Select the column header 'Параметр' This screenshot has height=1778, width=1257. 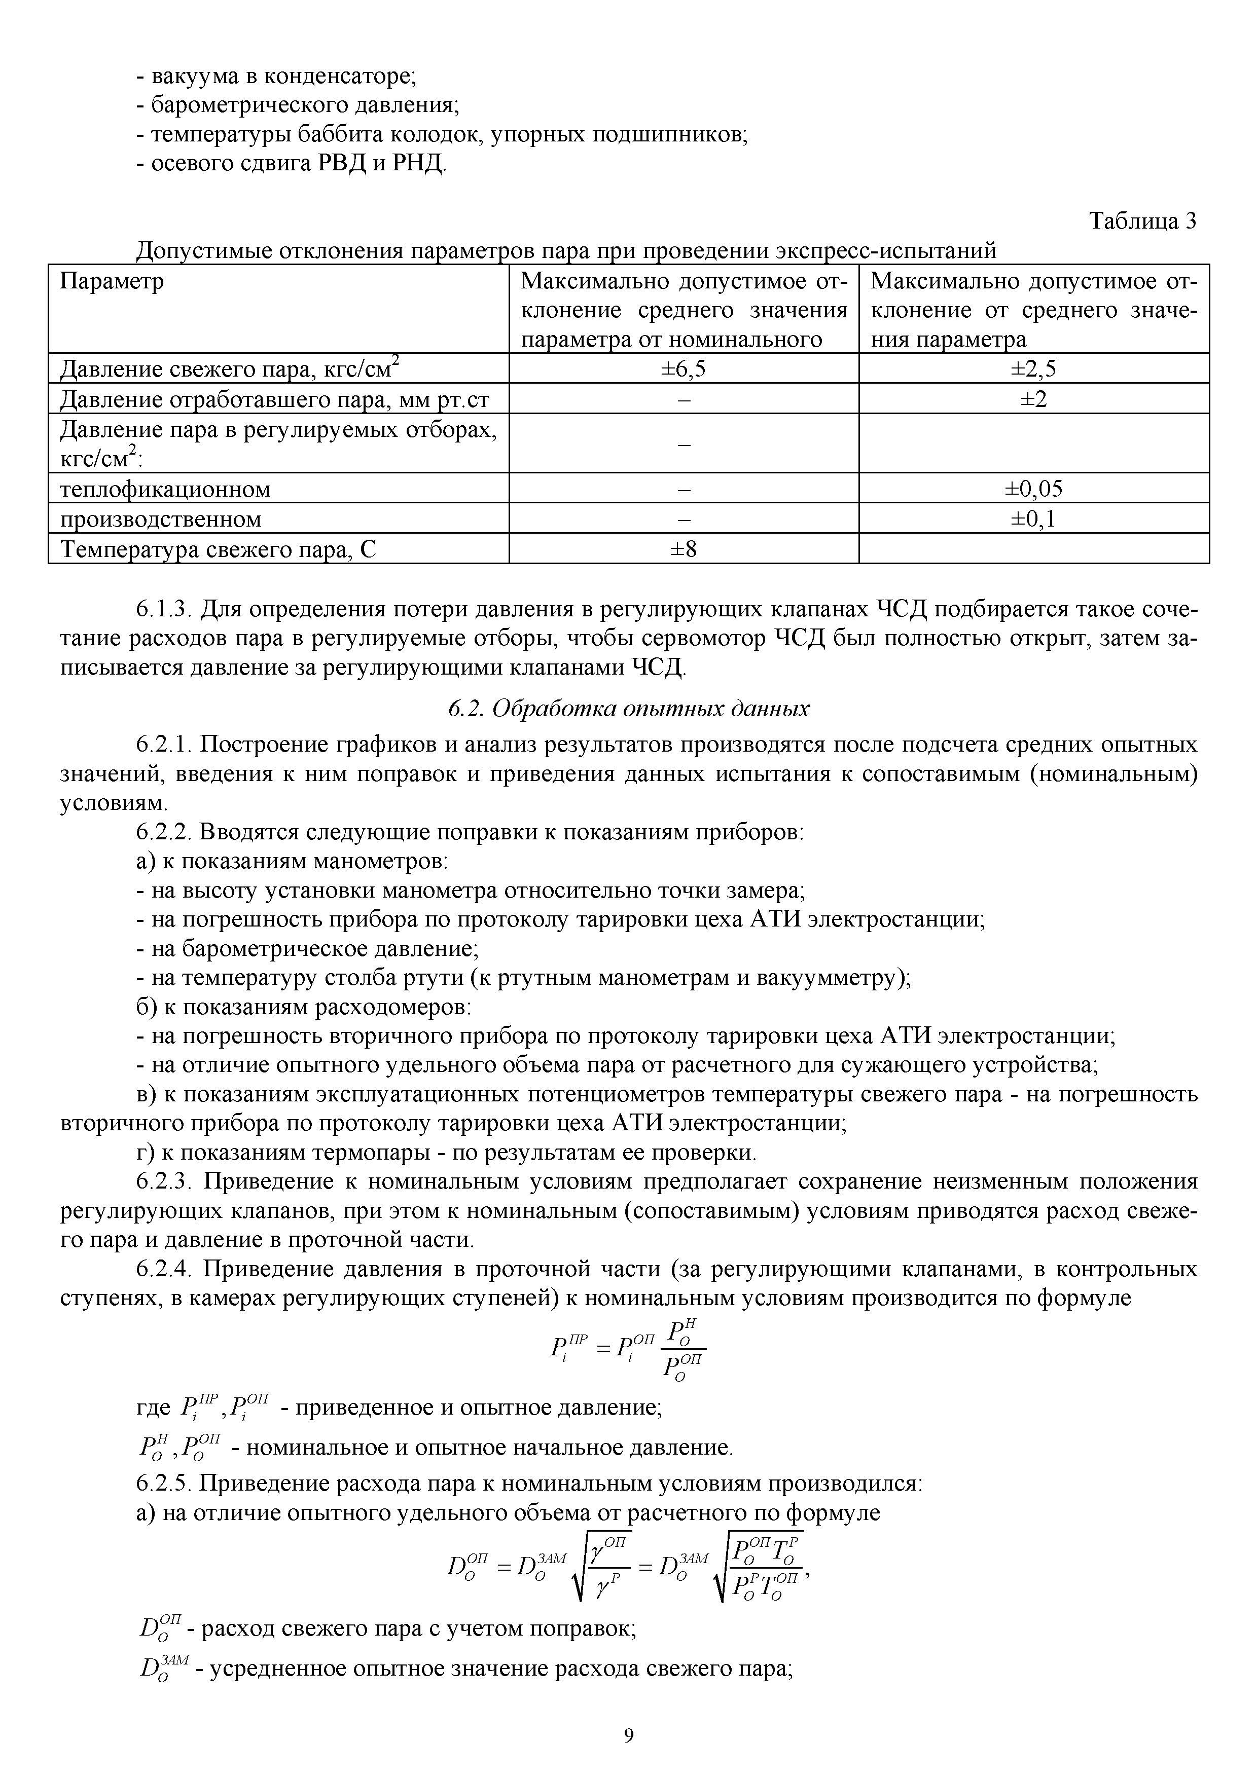(x=112, y=281)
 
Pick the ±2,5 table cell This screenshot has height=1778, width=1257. (x=1033, y=368)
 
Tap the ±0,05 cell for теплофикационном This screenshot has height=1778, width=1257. (x=1033, y=489)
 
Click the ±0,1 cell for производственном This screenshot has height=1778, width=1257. (x=1033, y=519)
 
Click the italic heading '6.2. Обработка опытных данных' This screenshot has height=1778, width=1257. (x=628, y=709)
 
